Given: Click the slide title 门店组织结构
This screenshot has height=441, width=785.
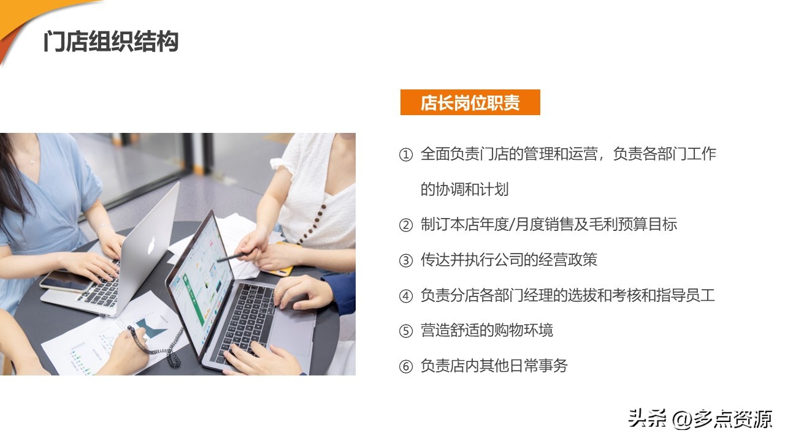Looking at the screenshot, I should click(x=110, y=42).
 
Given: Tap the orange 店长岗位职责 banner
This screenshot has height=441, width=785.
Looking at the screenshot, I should click(x=470, y=102).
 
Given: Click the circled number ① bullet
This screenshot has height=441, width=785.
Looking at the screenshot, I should click(x=406, y=155).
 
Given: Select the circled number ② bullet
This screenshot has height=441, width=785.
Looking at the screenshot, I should click(x=406, y=225).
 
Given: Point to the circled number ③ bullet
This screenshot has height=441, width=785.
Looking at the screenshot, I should click(x=406, y=261).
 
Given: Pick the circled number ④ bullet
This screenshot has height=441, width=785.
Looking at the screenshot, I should click(x=406, y=296).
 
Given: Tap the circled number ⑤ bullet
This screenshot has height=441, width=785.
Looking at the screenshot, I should click(x=406, y=331).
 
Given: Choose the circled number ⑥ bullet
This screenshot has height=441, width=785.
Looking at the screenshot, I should click(x=406, y=367).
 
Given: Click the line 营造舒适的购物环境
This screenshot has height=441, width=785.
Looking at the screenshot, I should click(x=486, y=331).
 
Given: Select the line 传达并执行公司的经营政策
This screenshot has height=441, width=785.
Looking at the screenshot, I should click(x=508, y=260).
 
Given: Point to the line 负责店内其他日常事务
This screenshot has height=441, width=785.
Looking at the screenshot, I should click(x=494, y=366).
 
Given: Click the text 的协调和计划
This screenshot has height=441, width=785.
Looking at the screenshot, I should click(x=464, y=189).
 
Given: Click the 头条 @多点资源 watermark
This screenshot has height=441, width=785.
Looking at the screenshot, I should click(x=699, y=419).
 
